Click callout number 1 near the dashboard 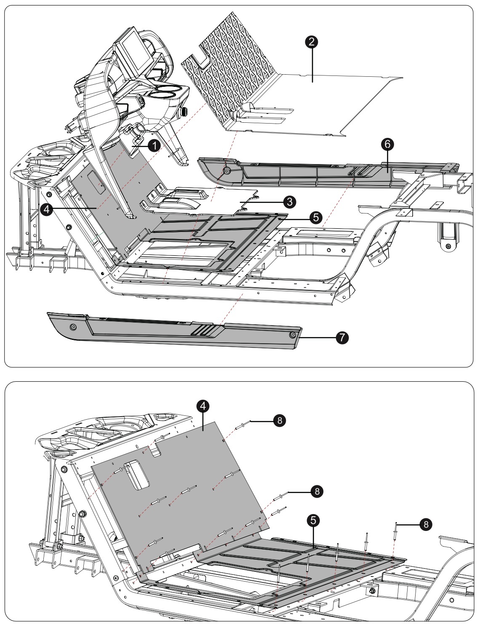pyautogui.click(x=155, y=145)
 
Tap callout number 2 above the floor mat pyautogui.click(x=312, y=42)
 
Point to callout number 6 pyautogui.click(x=387, y=144)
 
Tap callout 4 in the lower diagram pyautogui.click(x=203, y=406)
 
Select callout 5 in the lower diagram pyautogui.click(x=312, y=521)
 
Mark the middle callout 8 pyautogui.click(x=317, y=491)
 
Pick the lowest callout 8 pyautogui.click(x=426, y=524)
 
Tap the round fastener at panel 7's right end pyautogui.click(x=292, y=334)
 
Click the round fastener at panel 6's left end pyautogui.click(x=227, y=171)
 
